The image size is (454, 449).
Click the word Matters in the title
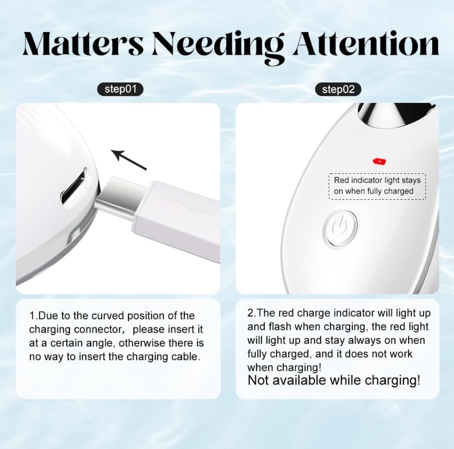click(x=83, y=44)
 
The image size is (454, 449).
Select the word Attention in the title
click(x=366, y=44)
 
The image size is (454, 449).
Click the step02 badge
click(x=338, y=89)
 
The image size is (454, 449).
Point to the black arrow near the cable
click(x=129, y=159)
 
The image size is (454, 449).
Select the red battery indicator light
click(x=379, y=161)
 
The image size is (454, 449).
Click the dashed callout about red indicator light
click(x=377, y=186)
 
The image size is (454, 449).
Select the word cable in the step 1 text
click(x=185, y=357)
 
